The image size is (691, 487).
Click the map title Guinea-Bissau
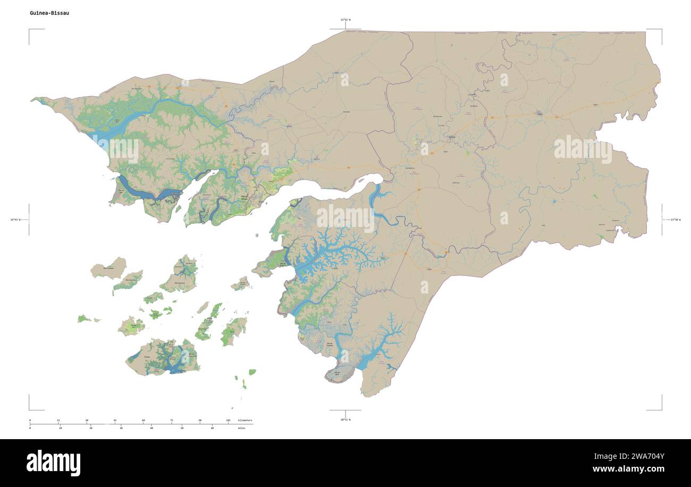[x=49, y=13]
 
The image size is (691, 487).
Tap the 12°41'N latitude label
[x=345, y=20]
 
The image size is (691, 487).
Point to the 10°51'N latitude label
[x=345, y=419]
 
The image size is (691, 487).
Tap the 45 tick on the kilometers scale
[x=115, y=421]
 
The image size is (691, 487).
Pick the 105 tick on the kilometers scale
[x=228, y=421]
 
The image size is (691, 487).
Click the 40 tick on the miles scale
[x=151, y=427]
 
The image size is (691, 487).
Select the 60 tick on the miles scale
[x=212, y=427]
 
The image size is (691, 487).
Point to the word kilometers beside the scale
[x=245, y=421]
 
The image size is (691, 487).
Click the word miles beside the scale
[x=242, y=427]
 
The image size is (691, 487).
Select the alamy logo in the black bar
[x=53, y=463]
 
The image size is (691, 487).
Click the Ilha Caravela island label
[x=108, y=268]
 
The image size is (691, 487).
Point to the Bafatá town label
[x=452, y=136]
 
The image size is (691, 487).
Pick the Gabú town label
[x=540, y=113]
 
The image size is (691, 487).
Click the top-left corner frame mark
[x=30, y=30]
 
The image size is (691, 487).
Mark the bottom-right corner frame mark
[x=661, y=409]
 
